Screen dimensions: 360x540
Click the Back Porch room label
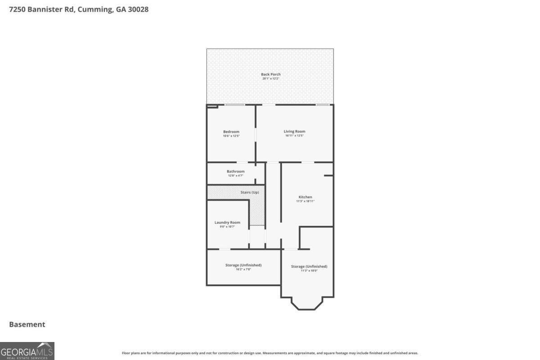coord(271,74)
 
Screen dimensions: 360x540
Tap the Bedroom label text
coord(231,132)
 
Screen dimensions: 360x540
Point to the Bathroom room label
coord(235,171)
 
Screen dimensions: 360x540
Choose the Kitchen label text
coord(305,197)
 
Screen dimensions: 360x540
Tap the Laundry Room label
coord(227,222)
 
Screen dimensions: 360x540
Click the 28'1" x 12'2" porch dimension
coord(271,79)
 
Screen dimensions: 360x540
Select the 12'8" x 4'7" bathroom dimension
coord(235,175)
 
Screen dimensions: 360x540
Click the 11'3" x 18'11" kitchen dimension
coord(305,201)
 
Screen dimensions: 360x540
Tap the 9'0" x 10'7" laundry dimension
coord(227,226)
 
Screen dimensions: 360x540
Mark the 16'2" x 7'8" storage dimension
coord(243,269)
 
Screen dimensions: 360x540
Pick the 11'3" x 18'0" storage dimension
coord(309,270)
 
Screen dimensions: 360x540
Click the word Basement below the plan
coord(27,324)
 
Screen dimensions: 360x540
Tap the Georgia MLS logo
coord(27,351)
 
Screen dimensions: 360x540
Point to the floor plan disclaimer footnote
coord(270,353)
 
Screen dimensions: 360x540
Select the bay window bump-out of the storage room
coord(307,303)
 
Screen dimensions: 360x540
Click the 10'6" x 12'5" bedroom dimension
coord(231,136)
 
